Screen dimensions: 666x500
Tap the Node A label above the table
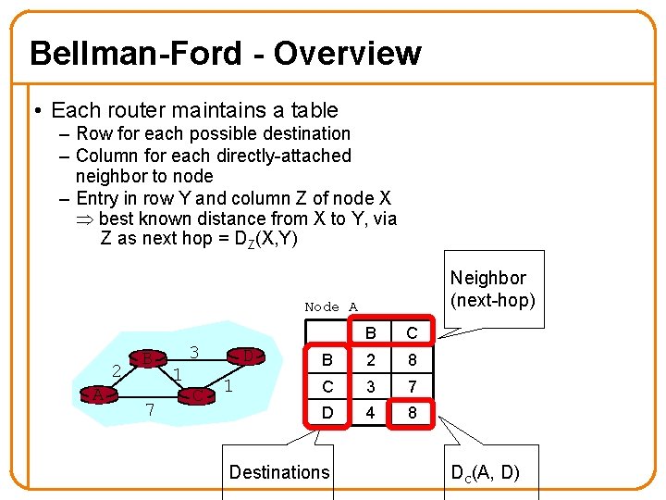pyautogui.click(x=330, y=306)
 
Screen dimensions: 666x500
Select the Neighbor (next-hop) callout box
pyautogui.click(x=487, y=289)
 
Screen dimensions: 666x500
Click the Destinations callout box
pyautogui.click(x=278, y=472)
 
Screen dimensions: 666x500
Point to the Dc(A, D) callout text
pyautogui.click(x=485, y=473)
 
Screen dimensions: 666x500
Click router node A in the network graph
pyautogui.click(x=97, y=394)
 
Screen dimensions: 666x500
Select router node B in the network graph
pyautogui.click(x=147, y=358)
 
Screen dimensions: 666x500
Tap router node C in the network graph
pyautogui.click(x=199, y=395)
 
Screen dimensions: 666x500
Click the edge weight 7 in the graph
pyautogui.click(x=149, y=409)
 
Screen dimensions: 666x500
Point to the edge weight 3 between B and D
pyautogui.click(x=193, y=353)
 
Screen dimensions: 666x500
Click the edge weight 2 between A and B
pyautogui.click(x=117, y=371)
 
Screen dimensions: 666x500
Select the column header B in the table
pyautogui.click(x=370, y=332)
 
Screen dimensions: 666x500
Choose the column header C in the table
pyautogui.click(x=412, y=332)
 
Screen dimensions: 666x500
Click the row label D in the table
pyautogui.click(x=327, y=410)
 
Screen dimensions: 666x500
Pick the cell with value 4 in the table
pyautogui.click(x=370, y=410)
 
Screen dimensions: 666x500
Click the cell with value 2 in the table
pyautogui.click(x=370, y=358)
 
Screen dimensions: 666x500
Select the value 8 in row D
pyautogui.click(x=412, y=410)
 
